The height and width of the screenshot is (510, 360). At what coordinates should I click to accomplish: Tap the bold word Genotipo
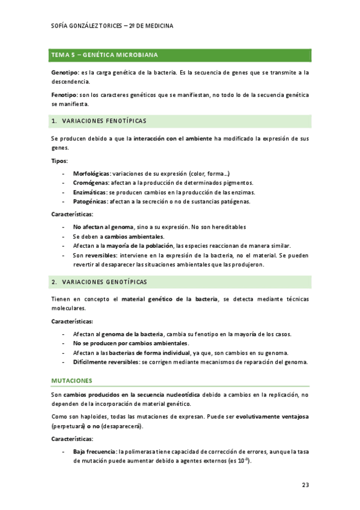pyautogui.click(x=66, y=73)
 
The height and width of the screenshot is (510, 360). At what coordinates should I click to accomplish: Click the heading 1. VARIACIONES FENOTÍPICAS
pyautogui.click(x=99, y=121)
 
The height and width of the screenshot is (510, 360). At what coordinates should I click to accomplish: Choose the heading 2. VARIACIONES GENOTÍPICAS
pyautogui.click(x=99, y=281)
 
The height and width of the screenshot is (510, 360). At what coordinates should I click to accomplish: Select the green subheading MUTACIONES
pyautogui.click(x=72, y=381)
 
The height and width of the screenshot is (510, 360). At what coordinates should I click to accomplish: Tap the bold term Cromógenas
pyautogui.click(x=91, y=182)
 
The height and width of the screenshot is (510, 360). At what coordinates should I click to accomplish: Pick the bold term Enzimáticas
pyautogui.click(x=90, y=192)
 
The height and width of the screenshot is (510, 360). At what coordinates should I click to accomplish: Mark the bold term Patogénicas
pyautogui.click(x=91, y=201)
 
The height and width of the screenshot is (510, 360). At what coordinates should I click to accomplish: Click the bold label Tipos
pyautogui.click(x=59, y=161)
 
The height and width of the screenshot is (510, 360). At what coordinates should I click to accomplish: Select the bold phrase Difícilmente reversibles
pyautogui.click(x=106, y=361)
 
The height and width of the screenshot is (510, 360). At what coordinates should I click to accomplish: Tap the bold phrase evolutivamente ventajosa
pyautogui.click(x=273, y=416)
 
